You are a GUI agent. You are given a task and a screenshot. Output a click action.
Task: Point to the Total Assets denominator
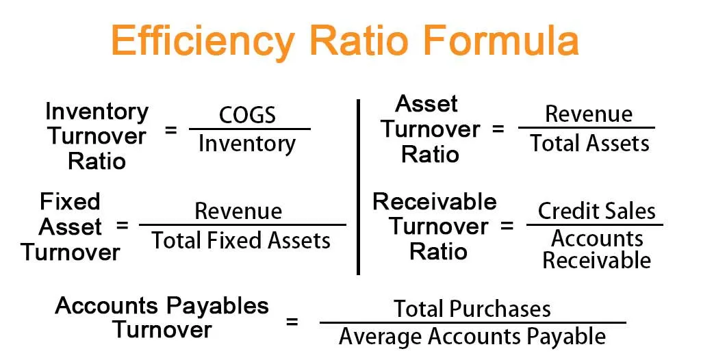(x=589, y=143)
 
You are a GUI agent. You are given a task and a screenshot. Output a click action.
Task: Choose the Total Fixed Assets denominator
(x=241, y=240)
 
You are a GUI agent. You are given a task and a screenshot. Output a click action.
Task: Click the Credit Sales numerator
(x=596, y=211)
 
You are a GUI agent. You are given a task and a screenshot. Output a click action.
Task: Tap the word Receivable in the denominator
(x=596, y=260)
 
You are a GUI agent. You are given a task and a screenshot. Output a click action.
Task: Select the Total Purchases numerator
(x=472, y=309)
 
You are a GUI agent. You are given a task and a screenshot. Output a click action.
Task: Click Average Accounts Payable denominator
(x=472, y=337)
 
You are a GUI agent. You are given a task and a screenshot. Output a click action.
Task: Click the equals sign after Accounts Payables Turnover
(x=292, y=322)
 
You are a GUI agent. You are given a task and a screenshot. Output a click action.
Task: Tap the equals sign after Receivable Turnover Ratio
(x=507, y=226)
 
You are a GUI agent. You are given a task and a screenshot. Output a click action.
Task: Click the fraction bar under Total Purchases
(x=472, y=323)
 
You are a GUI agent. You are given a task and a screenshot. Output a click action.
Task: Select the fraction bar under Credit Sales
(x=594, y=224)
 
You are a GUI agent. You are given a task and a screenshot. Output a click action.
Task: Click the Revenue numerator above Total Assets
(x=588, y=114)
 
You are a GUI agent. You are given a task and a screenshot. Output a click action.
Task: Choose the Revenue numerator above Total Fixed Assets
(x=238, y=211)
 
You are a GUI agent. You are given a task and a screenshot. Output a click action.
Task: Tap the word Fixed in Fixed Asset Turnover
(x=70, y=201)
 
